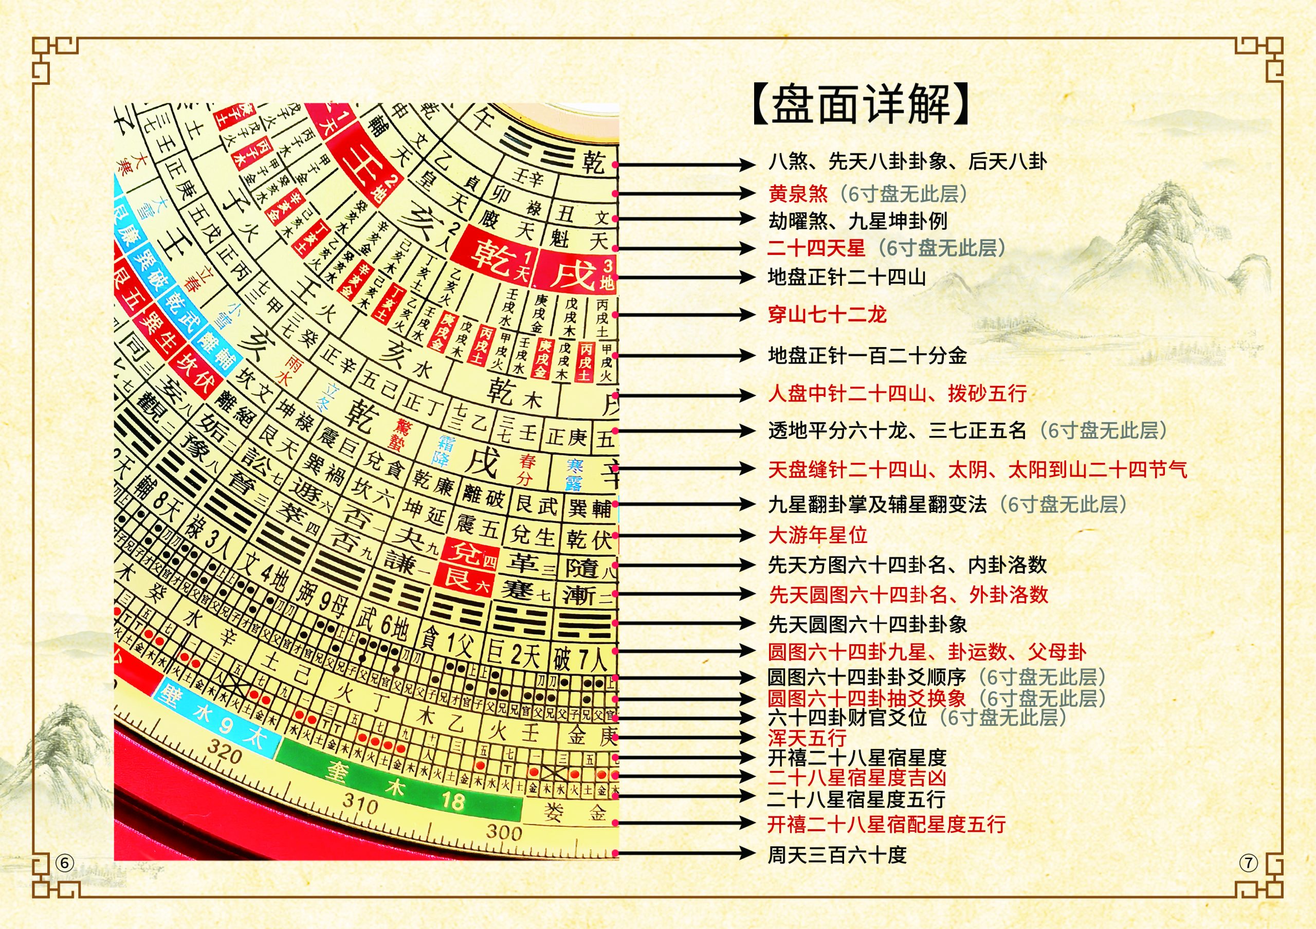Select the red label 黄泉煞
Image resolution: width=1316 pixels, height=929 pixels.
point(798,194)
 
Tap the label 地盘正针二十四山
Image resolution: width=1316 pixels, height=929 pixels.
point(847,278)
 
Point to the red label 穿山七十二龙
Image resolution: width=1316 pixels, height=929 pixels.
point(827,315)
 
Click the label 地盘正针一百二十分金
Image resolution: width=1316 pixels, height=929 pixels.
point(867,356)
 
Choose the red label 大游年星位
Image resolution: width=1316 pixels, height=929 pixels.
point(817,535)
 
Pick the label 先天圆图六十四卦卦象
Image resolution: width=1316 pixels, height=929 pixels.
point(867,624)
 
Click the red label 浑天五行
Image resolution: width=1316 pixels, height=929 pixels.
point(807,738)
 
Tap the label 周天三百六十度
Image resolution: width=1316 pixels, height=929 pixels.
point(837,855)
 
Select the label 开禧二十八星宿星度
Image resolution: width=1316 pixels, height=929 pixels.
point(856,758)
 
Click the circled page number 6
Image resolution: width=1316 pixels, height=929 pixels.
point(64,863)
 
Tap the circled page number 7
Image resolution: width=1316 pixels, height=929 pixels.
point(1248,863)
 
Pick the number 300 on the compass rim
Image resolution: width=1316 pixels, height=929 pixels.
point(504,831)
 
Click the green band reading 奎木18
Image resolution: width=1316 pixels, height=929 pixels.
point(395,786)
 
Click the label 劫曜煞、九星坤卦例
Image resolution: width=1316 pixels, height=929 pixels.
point(857,221)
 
